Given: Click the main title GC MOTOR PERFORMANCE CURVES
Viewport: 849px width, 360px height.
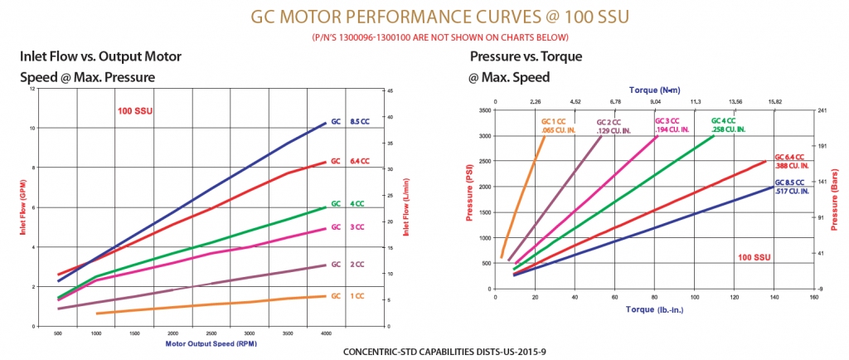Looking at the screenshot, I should pyautogui.click(x=424, y=17).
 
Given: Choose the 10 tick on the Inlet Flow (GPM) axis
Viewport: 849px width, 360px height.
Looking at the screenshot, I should pyautogui.click(x=34, y=128).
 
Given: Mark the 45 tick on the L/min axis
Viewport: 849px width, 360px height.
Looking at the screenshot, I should pyautogui.click(x=390, y=89).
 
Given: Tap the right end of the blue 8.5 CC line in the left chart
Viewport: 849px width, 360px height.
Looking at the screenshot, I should pyautogui.click(x=326, y=123).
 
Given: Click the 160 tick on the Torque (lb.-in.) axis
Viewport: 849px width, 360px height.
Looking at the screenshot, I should pyautogui.click(x=813, y=297).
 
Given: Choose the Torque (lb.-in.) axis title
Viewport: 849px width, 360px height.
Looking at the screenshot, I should pyautogui.click(x=653, y=309).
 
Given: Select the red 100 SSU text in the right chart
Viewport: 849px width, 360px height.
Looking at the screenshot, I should pyautogui.click(x=754, y=257).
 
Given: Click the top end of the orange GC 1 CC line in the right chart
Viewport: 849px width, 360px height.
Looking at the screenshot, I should pyautogui.click(x=545, y=136).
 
